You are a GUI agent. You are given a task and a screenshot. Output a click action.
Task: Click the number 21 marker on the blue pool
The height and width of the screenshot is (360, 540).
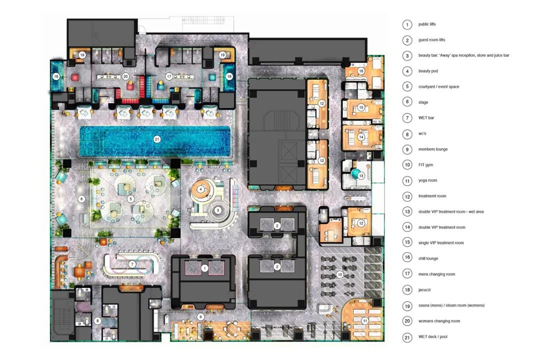coord(157,139)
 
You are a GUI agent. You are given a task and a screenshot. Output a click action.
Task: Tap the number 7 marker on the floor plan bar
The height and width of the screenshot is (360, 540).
coord(132,264)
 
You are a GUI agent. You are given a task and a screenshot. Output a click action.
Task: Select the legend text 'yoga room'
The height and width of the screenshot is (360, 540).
coord(427,180)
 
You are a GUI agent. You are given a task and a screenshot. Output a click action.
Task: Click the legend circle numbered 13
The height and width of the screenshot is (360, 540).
coord(407,211)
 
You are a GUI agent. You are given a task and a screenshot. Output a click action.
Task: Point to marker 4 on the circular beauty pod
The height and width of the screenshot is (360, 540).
coord(201,189)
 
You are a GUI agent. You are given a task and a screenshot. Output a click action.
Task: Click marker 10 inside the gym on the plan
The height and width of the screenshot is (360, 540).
coord(340,274)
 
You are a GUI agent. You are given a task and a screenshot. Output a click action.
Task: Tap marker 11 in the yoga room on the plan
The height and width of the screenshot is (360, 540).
coord(364,320)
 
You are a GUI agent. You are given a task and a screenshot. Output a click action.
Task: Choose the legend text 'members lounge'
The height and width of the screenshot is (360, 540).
coord(433,149)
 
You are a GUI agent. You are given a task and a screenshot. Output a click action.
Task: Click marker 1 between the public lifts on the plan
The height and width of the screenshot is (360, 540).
coord(205,268)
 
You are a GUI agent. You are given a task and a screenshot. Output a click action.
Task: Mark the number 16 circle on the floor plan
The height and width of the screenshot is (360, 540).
coord(361,71)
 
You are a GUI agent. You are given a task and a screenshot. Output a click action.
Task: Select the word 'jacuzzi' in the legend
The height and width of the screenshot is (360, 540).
coord(424,289)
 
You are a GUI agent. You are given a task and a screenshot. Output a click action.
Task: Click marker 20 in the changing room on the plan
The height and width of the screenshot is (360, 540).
coord(125,76)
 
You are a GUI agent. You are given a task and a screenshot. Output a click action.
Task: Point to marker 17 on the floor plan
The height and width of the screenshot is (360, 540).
coord(169,76)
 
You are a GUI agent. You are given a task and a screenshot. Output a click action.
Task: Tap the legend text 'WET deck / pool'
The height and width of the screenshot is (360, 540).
coord(433,336)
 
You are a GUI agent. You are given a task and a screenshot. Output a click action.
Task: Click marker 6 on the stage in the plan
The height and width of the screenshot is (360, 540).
coord(81,199)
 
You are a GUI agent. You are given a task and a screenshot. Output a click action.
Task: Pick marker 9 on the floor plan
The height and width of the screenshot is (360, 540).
coord(200,317)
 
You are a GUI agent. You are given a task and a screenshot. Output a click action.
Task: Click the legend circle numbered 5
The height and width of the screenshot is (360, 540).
coord(407,86)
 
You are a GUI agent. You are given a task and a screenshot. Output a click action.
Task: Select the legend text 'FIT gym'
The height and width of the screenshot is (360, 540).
coord(425,164)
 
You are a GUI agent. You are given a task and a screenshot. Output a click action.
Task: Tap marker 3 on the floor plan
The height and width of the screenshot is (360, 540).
coord(217,210)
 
